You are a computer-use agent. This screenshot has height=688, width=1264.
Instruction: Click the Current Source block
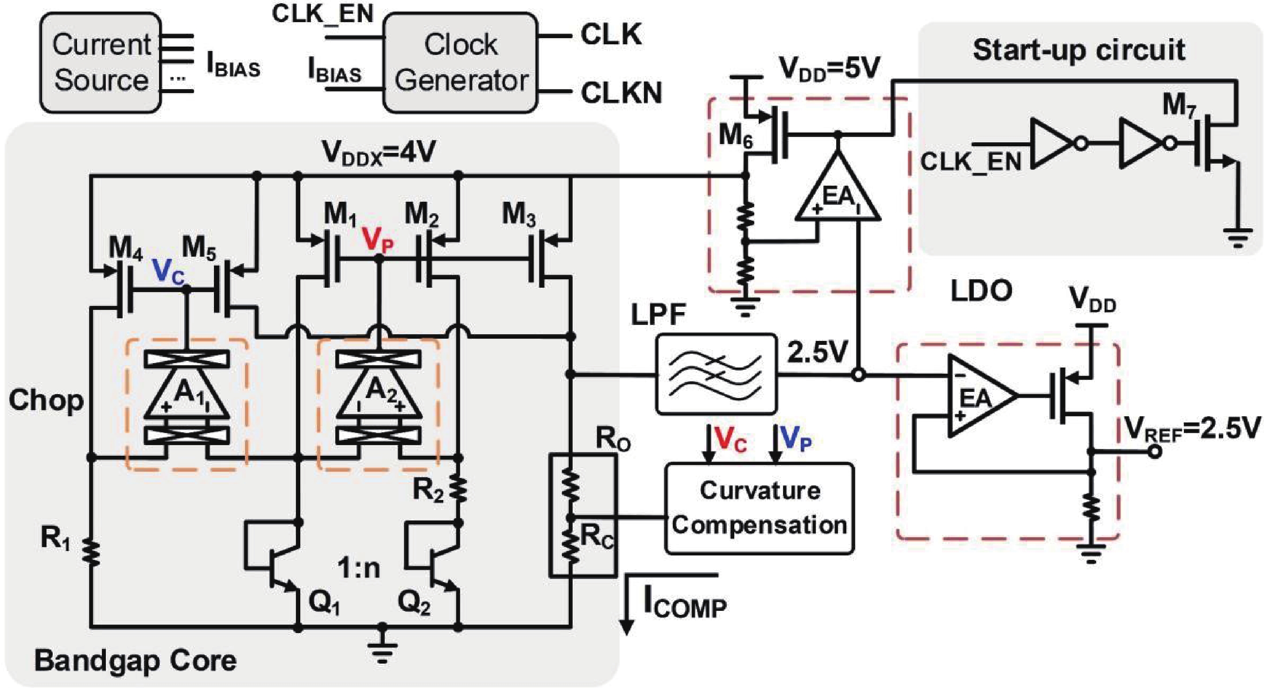(101, 63)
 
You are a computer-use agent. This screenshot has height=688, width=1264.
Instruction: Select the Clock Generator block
(460, 63)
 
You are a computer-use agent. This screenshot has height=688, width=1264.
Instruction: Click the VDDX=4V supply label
(378, 152)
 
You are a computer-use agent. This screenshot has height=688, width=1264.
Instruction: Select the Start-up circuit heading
(1079, 50)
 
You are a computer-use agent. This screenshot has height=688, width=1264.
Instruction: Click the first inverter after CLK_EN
(1053, 143)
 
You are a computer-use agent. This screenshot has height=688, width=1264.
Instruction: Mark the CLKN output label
(621, 92)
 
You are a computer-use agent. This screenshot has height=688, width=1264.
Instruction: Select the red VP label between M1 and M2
(377, 241)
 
